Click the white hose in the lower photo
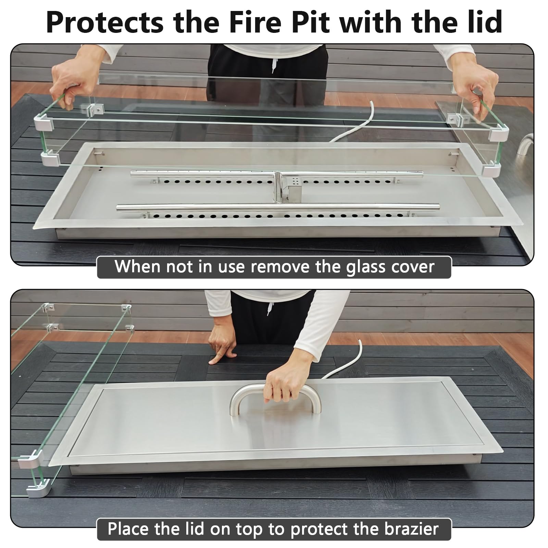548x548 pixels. (343, 359)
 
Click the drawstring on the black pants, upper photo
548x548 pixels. (273, 64)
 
